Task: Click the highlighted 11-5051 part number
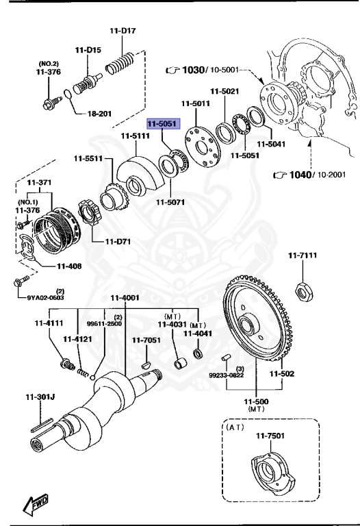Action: (162, 124)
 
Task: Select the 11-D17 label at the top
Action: (123, 31)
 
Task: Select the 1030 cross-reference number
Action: (194, 70)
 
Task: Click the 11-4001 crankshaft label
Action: (125, 298)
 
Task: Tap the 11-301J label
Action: (40, 397)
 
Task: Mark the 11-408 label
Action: (69, 266)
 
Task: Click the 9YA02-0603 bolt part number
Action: (46, 297)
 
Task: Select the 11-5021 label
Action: (224, 91)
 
